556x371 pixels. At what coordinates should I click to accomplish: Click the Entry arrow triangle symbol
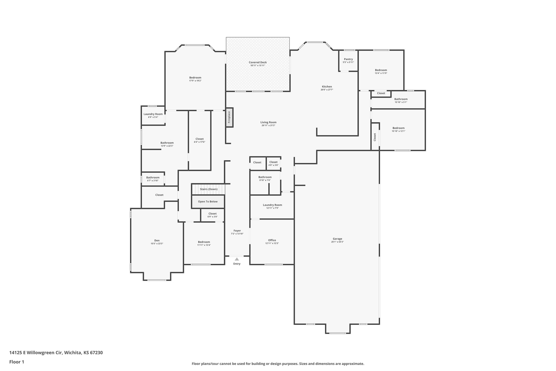(x=237, y=259)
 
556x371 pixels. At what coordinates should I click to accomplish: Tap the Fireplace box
(x=229, y=117)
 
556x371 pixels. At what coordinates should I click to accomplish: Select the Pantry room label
(x=348, y=59)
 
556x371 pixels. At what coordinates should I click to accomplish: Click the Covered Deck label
(x=258, y=63)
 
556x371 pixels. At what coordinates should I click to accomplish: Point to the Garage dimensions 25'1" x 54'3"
(x=337, y=242)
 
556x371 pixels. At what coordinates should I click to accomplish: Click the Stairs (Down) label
(x=208, y=189)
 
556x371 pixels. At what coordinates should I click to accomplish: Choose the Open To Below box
(x=208, y=202)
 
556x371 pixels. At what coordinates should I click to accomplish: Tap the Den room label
(x=157, y=240)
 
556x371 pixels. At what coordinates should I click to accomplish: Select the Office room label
(x=272, y=240)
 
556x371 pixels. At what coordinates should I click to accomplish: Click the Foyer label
(x=237, y=230)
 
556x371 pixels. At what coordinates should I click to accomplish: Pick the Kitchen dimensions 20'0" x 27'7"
(x=327, y=90)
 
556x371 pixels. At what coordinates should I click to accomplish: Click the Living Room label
(x=268, y=122)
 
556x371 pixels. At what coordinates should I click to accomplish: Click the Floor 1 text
(x=17, y=362)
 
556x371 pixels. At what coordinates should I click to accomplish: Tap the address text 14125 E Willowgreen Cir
(x=36, y=353)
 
